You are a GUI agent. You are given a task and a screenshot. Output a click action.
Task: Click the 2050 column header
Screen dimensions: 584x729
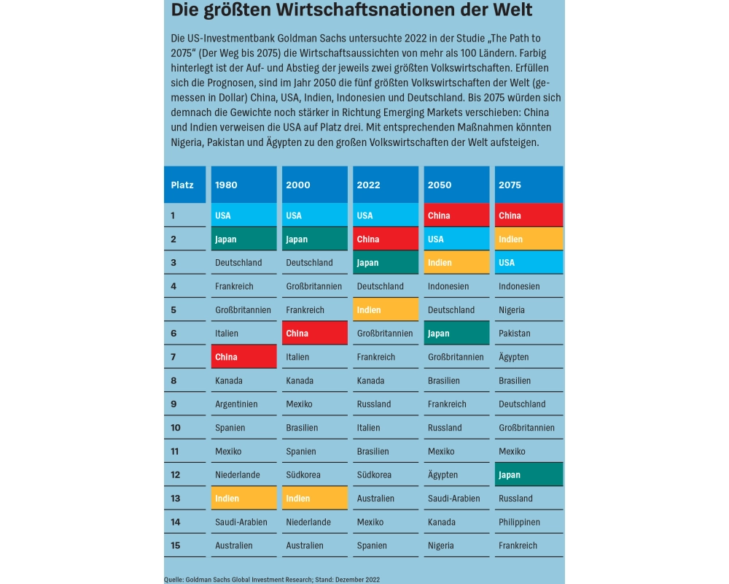(x=456, y=185)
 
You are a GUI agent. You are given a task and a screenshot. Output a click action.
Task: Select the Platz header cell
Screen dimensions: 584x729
(x=182, y=185)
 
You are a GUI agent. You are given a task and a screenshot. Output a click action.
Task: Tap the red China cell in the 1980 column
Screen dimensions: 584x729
(x=243, y=357)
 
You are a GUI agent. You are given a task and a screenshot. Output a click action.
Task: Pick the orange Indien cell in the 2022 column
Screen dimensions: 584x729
(x=386, y=310)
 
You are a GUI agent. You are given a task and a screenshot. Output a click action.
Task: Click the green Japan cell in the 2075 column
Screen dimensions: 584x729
(x=529, y=474)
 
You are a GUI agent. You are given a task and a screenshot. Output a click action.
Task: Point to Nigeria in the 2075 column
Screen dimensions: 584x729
(x=512, y=310)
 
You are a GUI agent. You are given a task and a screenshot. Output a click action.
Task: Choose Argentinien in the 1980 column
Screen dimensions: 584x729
(x=236, y=404)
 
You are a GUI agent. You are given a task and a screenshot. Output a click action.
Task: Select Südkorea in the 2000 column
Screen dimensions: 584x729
(x=303, y=474)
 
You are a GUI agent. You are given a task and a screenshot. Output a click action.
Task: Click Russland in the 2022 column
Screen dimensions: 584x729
(x=374, y=404)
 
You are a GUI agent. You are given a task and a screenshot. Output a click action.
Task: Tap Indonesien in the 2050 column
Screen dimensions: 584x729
(x=448, y=286)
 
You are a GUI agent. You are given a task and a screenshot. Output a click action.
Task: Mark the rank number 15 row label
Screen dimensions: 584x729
(x=176, y=545)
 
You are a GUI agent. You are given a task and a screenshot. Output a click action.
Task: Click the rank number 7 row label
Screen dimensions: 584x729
(x=174, y=357)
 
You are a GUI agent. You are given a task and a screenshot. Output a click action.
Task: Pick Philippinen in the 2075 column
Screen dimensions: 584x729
(x=520, y=522)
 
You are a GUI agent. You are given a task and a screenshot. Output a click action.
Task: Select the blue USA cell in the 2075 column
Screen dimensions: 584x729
(x=529, y=263)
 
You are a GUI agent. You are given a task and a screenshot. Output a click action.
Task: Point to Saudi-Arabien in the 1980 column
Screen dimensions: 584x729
(x=241, y=522)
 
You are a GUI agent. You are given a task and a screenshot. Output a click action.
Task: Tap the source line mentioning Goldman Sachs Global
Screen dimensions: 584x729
(x=271, y=579)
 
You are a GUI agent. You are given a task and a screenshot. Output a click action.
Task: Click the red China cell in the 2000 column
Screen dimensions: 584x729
(x=315, y=333)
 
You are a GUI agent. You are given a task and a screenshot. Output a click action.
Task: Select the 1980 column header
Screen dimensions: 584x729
(x=243, y=185)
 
